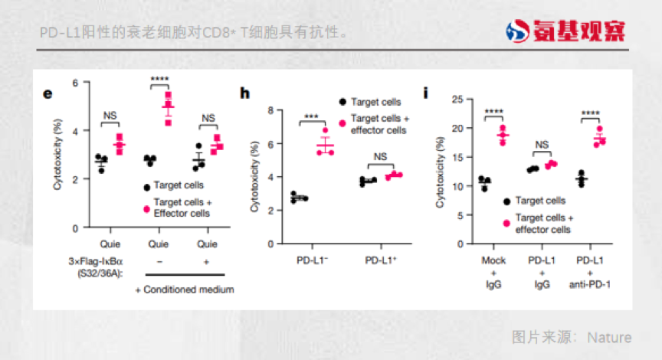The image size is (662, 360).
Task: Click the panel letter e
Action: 48,93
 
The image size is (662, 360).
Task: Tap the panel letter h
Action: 245,93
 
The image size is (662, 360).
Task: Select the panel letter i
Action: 425,93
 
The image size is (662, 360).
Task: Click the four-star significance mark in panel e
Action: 159,79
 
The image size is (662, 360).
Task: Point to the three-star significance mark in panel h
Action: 311,116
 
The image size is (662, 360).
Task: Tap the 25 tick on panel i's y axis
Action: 457,99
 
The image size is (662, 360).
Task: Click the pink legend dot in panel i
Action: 506,223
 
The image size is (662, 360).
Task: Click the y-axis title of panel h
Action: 254,178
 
